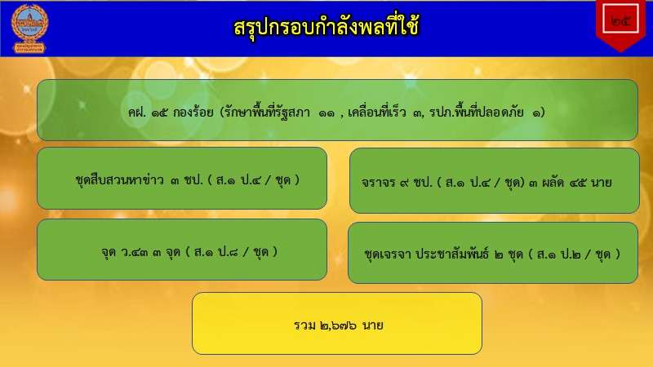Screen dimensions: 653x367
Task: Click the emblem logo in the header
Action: pyautogui.click(x=29, y=29)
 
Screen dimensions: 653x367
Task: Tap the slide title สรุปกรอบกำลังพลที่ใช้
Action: pyautogui.click(x=326, y=27)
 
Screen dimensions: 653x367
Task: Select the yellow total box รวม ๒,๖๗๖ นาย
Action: pyautogui.click(x=337, y=323)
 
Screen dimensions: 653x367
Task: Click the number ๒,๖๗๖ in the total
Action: pyautogui.click(x=338, y=325)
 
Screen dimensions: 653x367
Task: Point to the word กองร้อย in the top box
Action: pyautogui.click(x=193, y=113)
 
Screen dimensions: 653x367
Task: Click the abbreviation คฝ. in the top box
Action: pyautogui.click(x=137, y=113)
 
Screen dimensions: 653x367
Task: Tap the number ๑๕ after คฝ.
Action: pyautogui.click(x=159, y=113)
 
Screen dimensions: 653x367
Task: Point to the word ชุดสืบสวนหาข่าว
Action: pyautogui.click(x=119, y=179)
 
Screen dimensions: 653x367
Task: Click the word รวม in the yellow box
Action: pyautogui.click(x=304, y=325)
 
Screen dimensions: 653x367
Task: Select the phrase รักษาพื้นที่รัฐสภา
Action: pyautogui.click(x=267, y=112)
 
